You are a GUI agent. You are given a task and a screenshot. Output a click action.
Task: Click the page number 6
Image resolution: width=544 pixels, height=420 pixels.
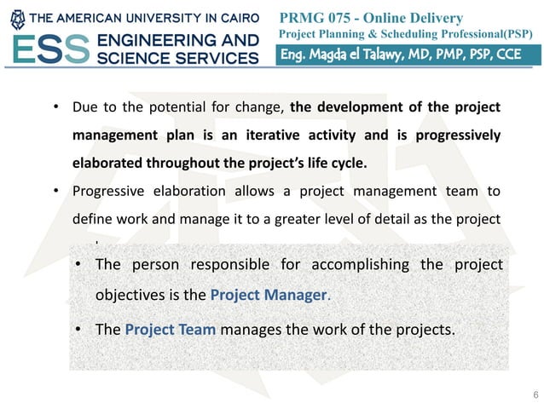point(534,394)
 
